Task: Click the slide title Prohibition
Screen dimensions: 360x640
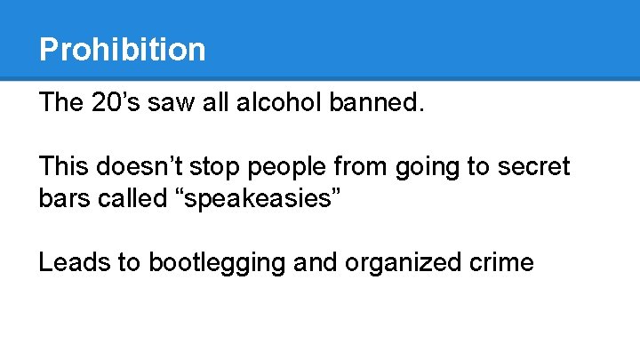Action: coord(122,49)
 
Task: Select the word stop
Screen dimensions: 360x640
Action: coord(220,167)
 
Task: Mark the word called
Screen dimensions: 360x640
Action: coord(131,199)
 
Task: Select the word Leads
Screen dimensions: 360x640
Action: coord(74,263)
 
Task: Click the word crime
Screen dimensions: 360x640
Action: coord(497,263)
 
